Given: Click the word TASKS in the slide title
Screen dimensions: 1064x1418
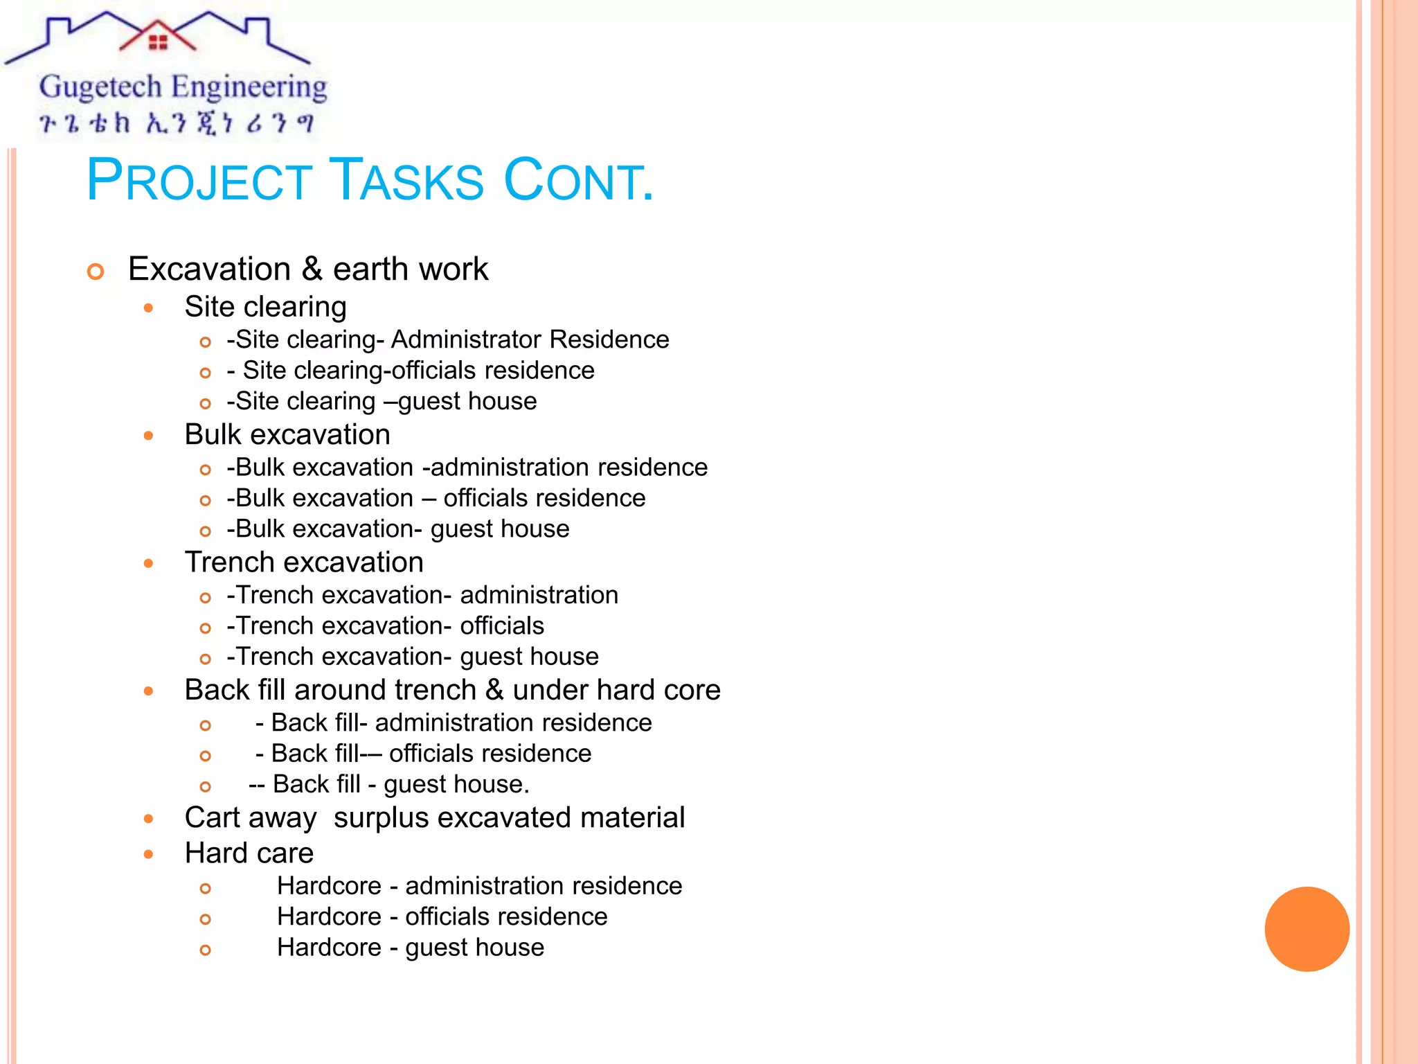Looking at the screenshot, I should tap(406, 181).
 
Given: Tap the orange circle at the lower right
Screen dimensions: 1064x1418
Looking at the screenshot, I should tap(1307, 929).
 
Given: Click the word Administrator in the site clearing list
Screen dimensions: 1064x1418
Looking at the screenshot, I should tap(467, 339).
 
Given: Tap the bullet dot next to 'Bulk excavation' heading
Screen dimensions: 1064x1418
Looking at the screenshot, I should tap(148, 436).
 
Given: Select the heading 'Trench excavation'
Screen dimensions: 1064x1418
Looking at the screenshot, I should tap(304, 562).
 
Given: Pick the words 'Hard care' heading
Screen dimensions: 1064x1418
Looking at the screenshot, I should tap(249, 853).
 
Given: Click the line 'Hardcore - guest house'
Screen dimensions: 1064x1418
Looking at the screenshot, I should tap(410, 947).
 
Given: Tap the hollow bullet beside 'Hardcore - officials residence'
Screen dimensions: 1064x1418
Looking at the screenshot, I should tap(205, 919).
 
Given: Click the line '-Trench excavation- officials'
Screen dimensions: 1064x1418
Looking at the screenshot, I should tap(385, 626).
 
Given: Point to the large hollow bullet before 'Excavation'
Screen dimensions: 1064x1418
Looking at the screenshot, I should tap(96, 272).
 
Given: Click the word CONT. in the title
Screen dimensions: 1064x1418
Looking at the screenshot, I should tap(578, 181).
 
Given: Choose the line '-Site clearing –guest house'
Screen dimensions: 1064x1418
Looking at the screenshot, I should tap(382, 401).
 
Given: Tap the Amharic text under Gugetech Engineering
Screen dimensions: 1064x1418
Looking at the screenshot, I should tap(177, 123).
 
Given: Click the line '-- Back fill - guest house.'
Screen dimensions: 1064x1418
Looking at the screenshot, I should tap(389, 784).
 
